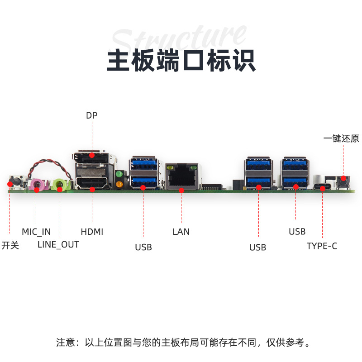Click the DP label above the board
point(92,115)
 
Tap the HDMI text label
point(92,232)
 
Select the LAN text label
point(181,232)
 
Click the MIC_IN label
point(36,232)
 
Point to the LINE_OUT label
point(58,245)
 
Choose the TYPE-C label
point(322,246)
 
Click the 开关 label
point(10,246)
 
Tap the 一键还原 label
point(341,138)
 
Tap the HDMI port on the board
point(92,183)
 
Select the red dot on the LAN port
point(181,191)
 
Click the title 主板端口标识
point(181,61)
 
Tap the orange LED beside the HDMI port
point(120,184)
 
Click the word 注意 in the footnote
point(66,342)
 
